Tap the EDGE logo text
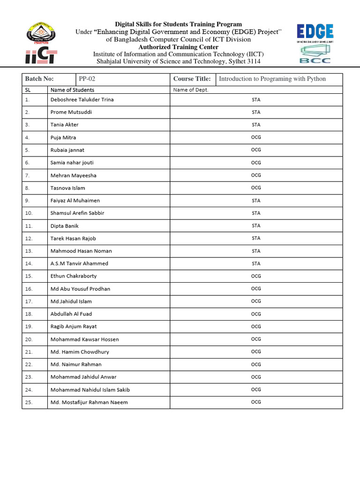315,32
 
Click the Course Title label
192,79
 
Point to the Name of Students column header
72,90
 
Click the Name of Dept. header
191,90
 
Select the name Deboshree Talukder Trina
82,99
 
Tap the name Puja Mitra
63,137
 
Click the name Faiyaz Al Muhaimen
75,201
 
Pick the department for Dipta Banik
256,225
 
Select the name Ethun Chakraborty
74,276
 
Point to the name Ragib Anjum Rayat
74,326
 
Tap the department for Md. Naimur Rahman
256,364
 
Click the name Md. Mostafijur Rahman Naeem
89,402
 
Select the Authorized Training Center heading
179,47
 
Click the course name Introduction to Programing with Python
272,79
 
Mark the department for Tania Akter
256,125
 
